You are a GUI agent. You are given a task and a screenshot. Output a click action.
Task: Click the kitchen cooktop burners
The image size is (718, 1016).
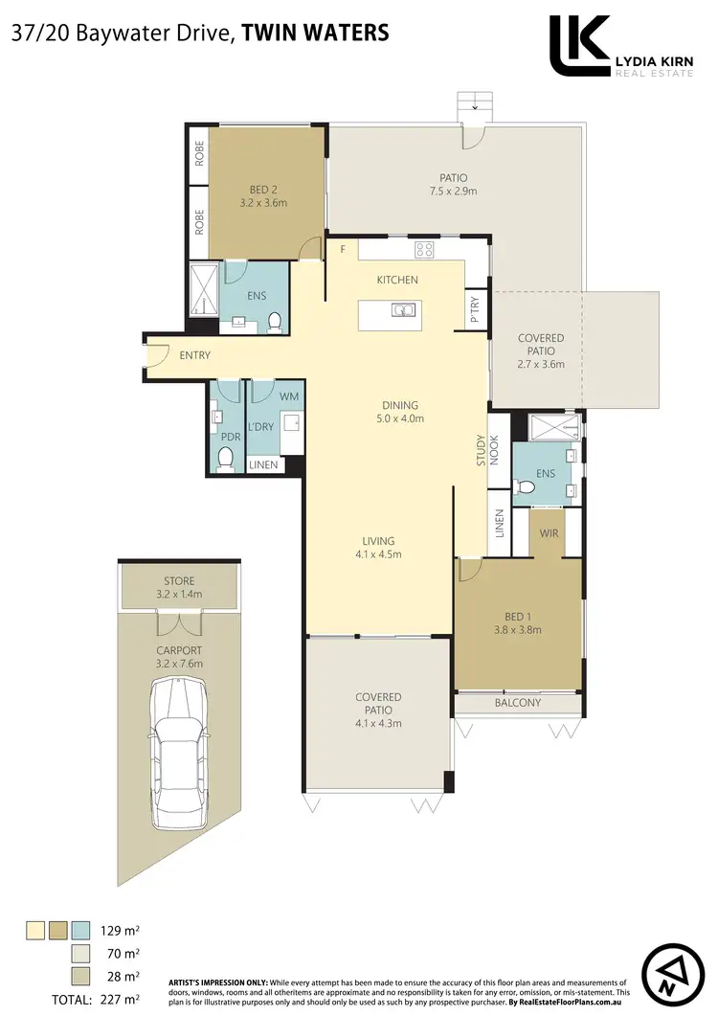pos(423,249)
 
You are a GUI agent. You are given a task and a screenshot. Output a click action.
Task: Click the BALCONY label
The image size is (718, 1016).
pos(518,703)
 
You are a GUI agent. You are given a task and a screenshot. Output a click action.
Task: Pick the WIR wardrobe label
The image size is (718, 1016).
pos(549,532)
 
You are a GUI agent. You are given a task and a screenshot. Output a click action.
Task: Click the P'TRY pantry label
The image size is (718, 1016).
pos(475,309)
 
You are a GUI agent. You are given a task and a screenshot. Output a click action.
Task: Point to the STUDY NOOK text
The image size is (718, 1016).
pos(488,450)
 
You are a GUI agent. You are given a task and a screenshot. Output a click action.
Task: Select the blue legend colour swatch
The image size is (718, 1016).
pos(81,929)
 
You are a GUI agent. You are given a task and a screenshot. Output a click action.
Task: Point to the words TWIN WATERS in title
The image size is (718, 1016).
pos(315,33)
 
